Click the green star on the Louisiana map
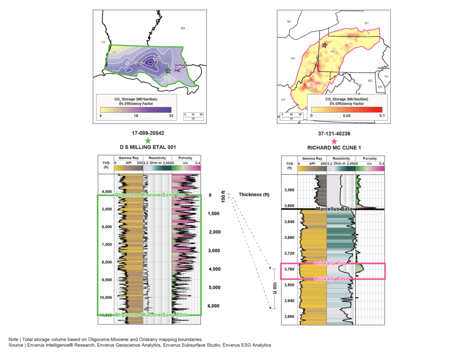168,71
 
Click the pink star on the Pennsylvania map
325,45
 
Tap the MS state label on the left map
183,28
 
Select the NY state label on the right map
366,22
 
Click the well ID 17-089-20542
148,133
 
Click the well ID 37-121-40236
334,134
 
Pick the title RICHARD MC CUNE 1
334,147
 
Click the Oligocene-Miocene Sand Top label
149,196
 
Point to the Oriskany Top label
329,263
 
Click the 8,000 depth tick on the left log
106,262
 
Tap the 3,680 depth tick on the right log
289,237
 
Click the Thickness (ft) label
254,195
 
